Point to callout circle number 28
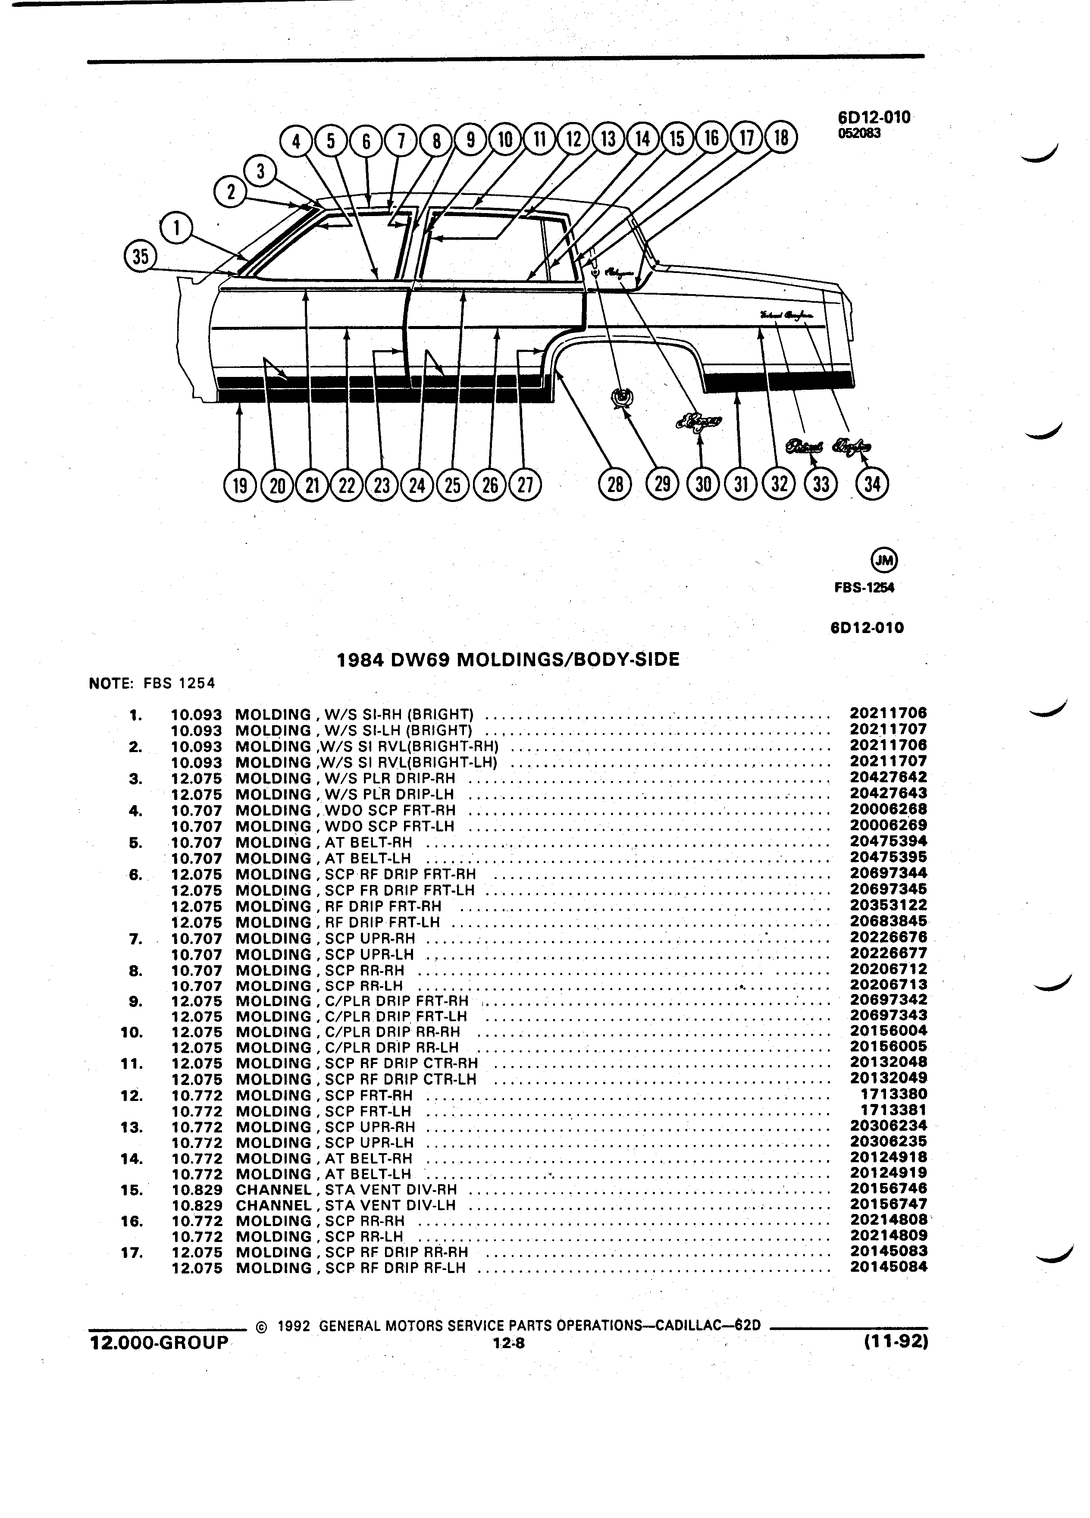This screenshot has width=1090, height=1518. pyautogui.click(x=615, y=484)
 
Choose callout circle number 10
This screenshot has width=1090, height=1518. pyautogui.click(x=505, y=138)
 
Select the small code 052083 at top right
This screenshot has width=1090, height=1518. pyautogui.click(x=859, y=132)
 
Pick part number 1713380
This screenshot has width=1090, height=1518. pyautogui.click(x=894, y=1095)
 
